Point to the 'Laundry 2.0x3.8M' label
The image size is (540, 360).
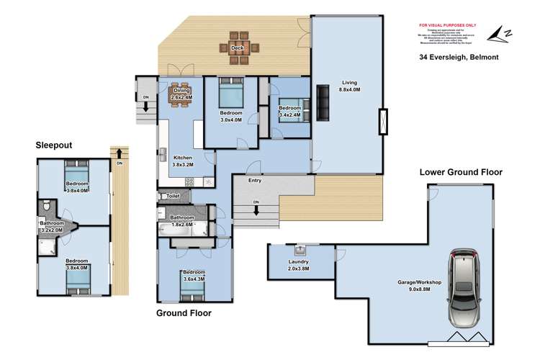click(299, 265)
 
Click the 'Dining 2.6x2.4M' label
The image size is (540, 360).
click(181, 94)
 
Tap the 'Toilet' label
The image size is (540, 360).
click(172, 195)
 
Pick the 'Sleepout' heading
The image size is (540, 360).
click(54, 145)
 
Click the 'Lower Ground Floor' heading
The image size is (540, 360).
click(461, 172)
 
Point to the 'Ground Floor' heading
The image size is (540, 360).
click(184, 313)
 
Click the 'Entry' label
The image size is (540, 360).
click(255, 180)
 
